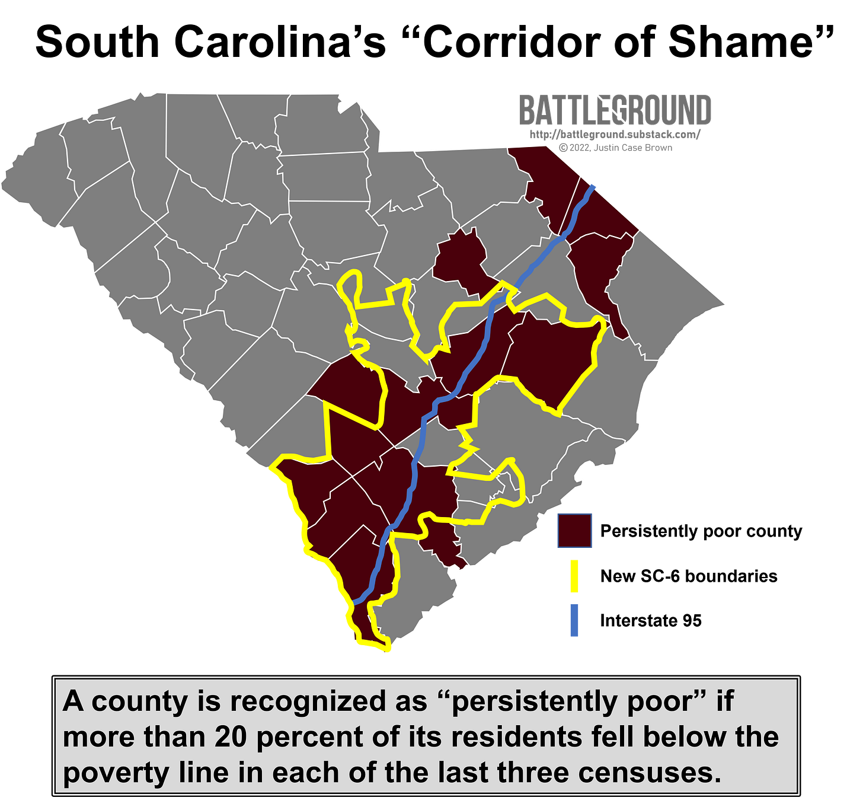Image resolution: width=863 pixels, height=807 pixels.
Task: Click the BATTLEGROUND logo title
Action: pyautogui.click(x=615, y=110)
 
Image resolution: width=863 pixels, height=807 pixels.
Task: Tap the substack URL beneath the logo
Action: pyautogui.click(x=615, y=135)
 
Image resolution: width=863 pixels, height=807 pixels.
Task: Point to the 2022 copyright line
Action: pyautogui.click(x=616, y=148)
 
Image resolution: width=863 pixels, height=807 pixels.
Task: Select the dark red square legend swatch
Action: pyautogui.click(x=574, y=531)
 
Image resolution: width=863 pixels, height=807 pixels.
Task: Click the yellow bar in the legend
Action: pyautogui.click(x=574, y=576)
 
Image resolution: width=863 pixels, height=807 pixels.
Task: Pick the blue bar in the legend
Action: pyautogui.click(x=574, y=620)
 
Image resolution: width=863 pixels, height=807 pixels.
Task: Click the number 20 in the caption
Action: pyautogui.click(x=231, y=737)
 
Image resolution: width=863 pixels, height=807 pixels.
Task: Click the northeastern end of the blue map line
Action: pyautogui.click(x=594, y=186)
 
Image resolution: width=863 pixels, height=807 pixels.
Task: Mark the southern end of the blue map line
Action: pyautogui.click(x=354, y=602)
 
